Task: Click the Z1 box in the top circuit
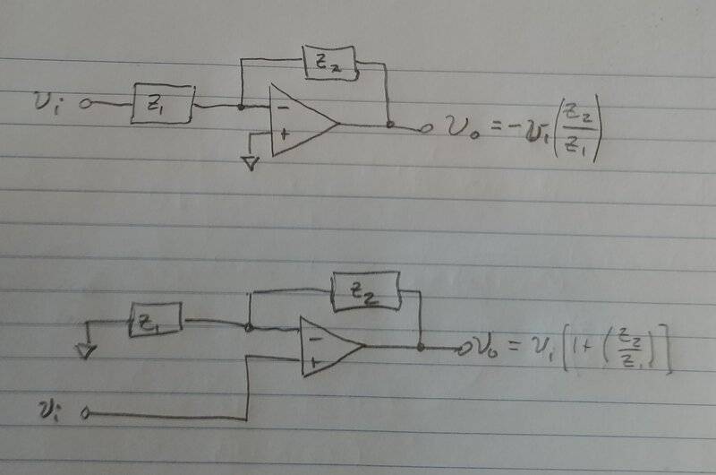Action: tap(162, 104)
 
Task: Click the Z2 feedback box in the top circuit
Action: tap(328, 64)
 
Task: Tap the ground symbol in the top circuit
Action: tap(251, 162)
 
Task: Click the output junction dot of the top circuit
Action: tap(389, 125)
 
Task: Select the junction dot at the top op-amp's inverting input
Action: tap(241, 106)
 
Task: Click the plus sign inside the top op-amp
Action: tap(284, 134)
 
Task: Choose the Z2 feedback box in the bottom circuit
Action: tap(364, 291)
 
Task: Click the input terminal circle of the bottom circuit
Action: tap(87, 413)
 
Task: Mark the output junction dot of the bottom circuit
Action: tap(420, 346)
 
